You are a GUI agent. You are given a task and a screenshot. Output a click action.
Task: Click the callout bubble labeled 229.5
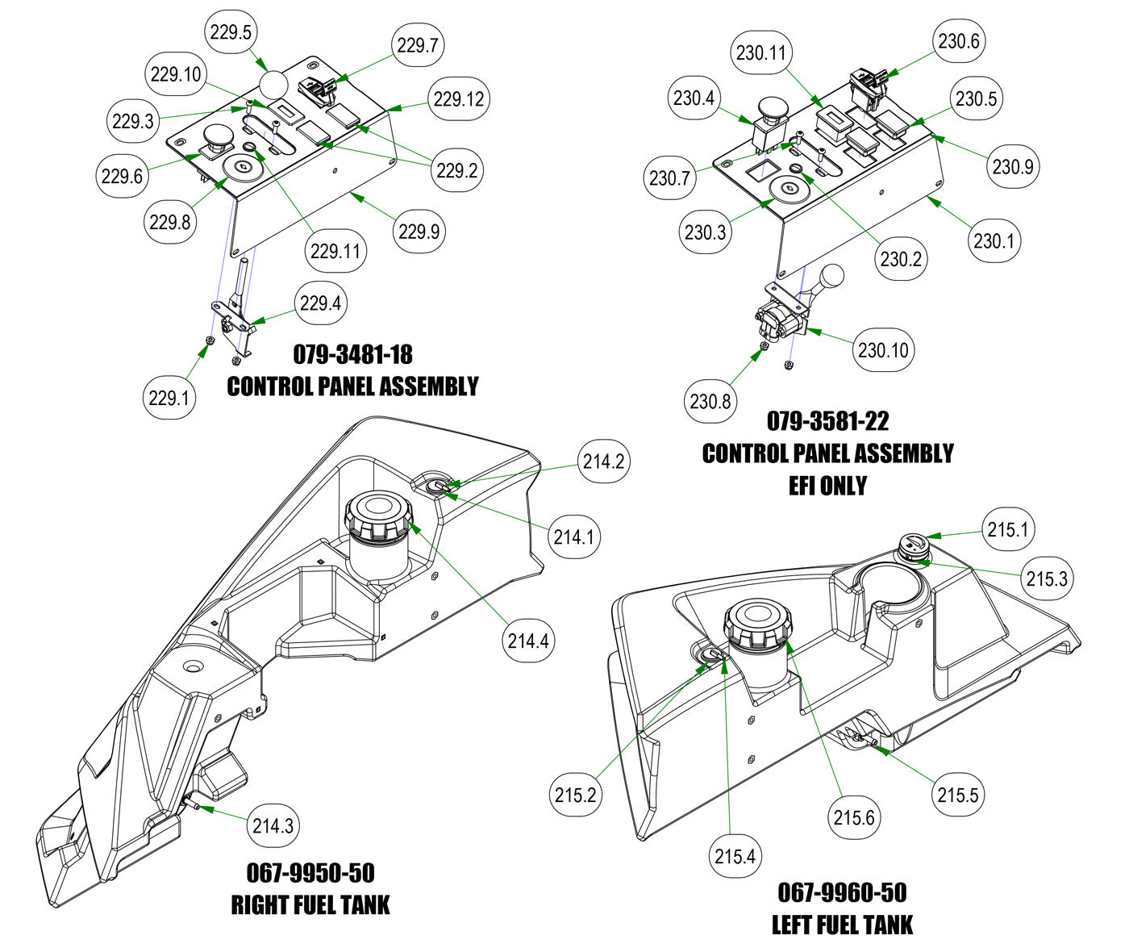(231, 33)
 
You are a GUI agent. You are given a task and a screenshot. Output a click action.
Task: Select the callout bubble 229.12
(458, 99)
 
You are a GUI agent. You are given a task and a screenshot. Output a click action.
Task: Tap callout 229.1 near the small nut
(169, 397)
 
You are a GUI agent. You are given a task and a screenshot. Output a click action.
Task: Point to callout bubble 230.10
(883, 350)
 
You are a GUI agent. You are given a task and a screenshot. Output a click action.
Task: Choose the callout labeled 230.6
(959, 41)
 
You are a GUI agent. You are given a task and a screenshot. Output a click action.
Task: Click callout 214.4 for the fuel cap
(528, 641)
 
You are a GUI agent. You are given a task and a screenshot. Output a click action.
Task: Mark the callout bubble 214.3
(273, 825)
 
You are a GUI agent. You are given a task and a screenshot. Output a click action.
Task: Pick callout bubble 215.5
(958, 795)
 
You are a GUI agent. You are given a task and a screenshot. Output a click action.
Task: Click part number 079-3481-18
(352, 354)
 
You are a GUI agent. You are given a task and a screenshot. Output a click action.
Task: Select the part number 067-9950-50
(310, 873)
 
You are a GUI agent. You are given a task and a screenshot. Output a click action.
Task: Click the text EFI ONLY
(827, 486)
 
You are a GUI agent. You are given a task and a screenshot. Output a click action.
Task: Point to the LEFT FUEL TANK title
(842, 925)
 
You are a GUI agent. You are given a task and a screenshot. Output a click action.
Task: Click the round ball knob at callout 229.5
(274, 83)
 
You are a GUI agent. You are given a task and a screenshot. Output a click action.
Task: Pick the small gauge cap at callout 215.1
(914, 545)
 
